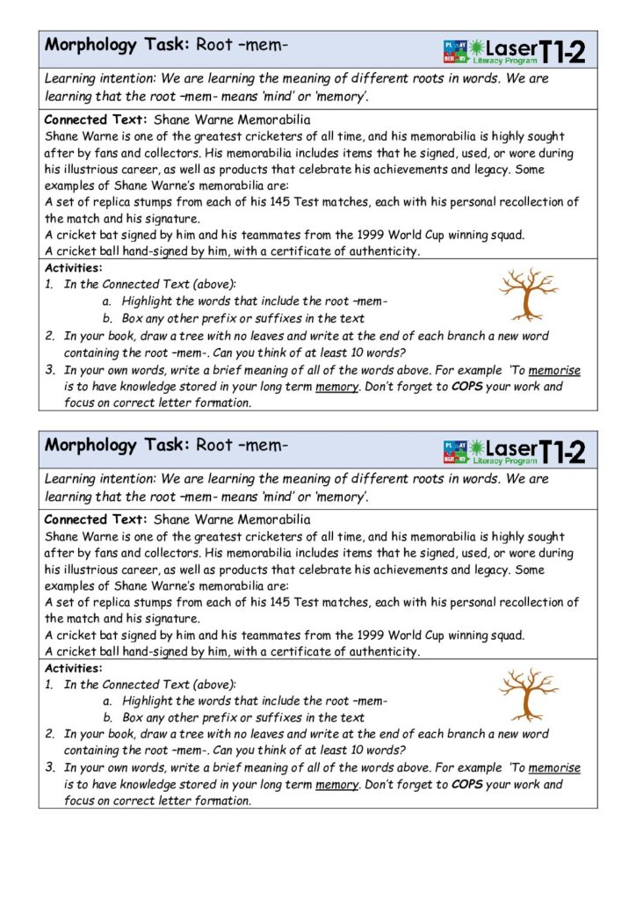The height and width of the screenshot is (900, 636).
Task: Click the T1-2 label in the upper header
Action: click(x=562, y=52)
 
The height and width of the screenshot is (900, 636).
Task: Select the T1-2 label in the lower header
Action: click(x=562, y=452)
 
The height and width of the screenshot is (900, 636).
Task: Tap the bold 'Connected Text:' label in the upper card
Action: click(x=97, y=120)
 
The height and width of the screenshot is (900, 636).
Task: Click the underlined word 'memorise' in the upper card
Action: click(x=554, y=370)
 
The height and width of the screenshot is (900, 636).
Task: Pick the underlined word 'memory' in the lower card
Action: click(x=336, y=785)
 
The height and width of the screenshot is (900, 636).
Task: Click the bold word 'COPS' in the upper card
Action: click(x=467, y=387)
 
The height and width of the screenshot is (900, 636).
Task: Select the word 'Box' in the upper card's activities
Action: click(x=134, y=318)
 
